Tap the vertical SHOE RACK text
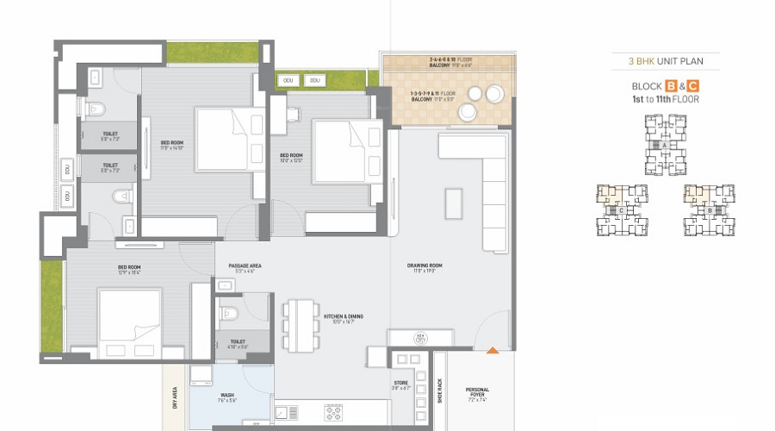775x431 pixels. [438, 391]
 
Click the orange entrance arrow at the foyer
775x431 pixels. [492, 350]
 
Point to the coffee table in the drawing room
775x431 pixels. [453, 203]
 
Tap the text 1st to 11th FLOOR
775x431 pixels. [666, 100]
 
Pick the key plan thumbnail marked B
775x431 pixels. [710, 209]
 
